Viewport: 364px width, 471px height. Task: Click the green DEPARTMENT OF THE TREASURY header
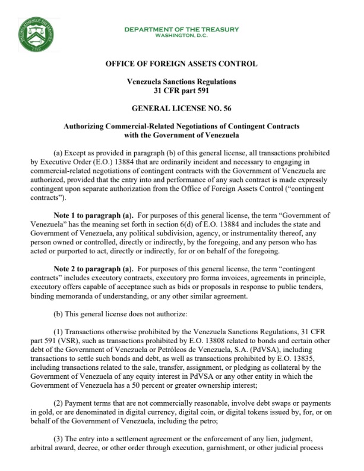click(182, 29)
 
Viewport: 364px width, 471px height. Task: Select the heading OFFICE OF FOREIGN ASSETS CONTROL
click(182, 64)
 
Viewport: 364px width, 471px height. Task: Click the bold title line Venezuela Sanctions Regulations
click(182, 81)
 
